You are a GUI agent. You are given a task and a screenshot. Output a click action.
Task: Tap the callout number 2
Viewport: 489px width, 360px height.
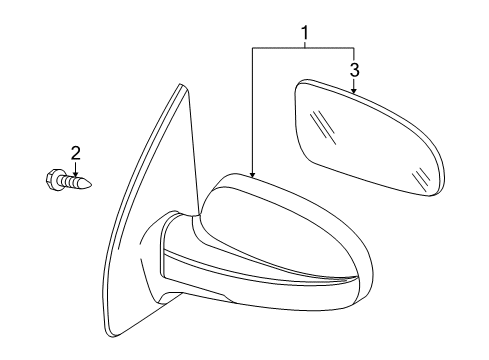(74, 152)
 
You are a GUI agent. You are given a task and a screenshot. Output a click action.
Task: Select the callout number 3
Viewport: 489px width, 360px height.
(354, 69)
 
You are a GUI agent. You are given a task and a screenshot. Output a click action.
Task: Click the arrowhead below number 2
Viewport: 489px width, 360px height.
(74, 173)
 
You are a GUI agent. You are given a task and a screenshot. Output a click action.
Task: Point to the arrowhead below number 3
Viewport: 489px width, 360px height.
(354, 91)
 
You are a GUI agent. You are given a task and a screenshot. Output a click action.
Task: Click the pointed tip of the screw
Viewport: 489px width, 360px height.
(96, 184)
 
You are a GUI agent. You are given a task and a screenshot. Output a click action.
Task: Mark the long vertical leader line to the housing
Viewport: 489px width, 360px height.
(252, 110)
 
